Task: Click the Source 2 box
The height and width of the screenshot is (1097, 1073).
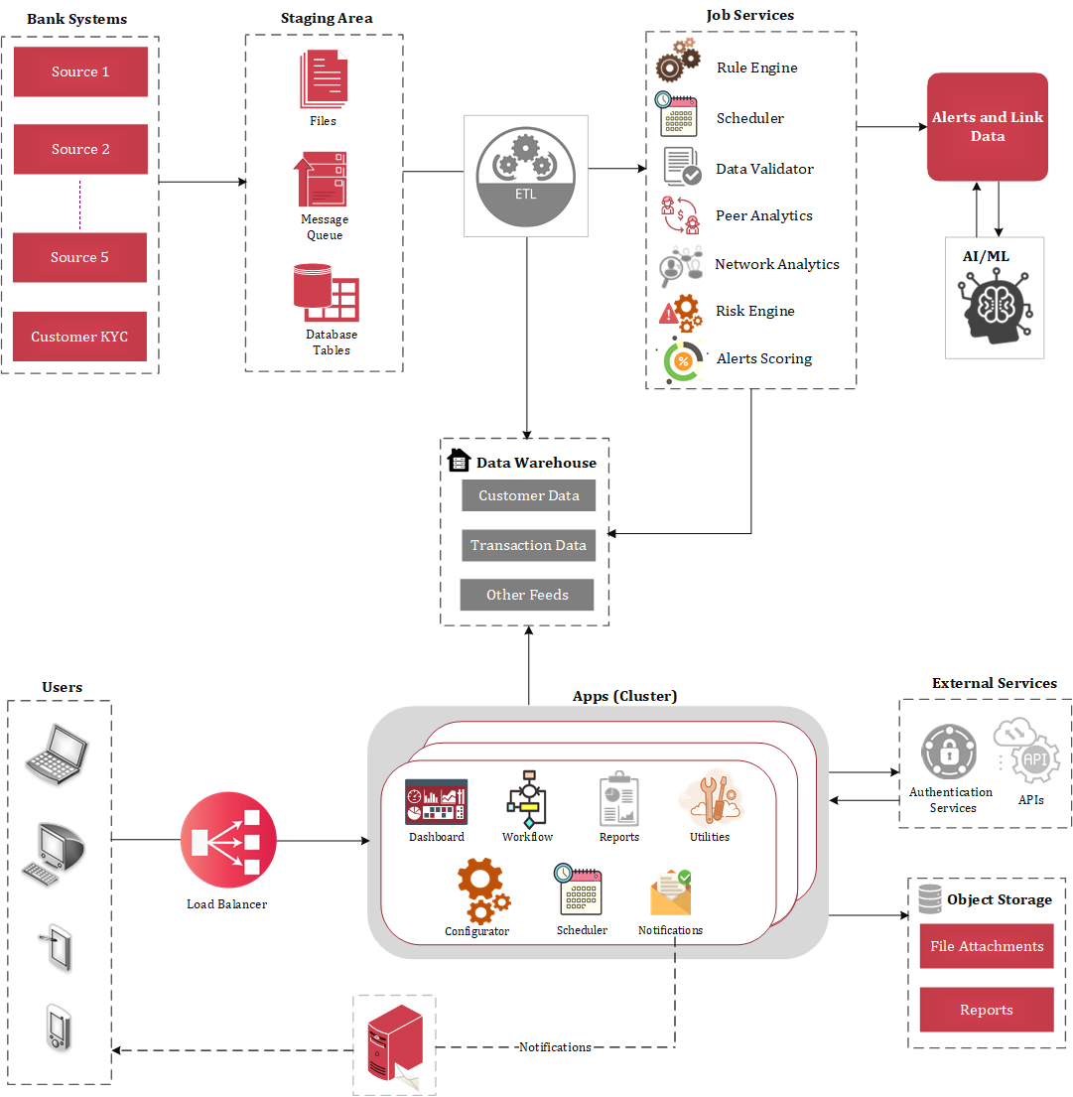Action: [x=80, y=149]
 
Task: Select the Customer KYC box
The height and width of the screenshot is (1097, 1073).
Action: [x=79, y=337]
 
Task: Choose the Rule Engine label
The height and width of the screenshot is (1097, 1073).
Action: [x=756, y=68]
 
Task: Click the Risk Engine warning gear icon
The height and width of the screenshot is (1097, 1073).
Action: [x=680, y=312]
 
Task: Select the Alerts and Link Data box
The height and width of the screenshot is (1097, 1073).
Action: [x=987, y=127]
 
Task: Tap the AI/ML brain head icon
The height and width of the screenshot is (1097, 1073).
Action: [x=995, y=308]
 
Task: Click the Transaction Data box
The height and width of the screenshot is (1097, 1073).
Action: [x=528, y=545]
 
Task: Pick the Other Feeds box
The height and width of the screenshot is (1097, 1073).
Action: [x=527, y=595]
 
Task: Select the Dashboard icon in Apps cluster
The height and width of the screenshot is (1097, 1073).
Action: [x=436, y=802]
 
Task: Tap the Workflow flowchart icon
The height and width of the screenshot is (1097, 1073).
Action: [x=527, y=798]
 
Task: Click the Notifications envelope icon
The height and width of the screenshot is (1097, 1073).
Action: [x=670, y=893]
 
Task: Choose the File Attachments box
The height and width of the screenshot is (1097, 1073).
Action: [x=986, y=946]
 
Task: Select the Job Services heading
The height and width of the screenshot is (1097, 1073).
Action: [x=749, y=15]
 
